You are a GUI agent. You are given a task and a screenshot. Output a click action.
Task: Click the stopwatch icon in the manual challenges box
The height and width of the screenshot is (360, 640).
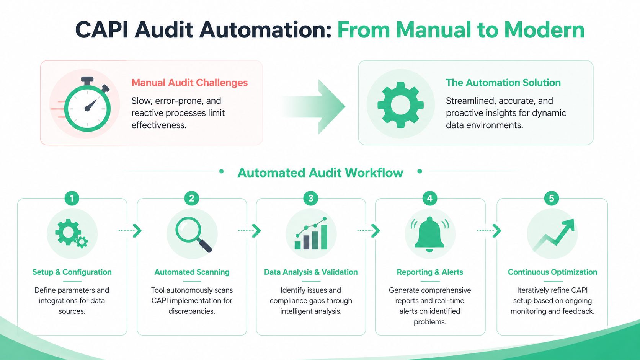[87, 105]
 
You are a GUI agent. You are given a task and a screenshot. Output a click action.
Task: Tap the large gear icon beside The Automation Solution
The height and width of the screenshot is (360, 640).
[400, 104]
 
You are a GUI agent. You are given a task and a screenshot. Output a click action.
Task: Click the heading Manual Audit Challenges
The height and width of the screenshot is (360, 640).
[189, 83]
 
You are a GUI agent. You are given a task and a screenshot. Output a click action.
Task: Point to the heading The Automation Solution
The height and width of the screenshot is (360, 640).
[503, 83]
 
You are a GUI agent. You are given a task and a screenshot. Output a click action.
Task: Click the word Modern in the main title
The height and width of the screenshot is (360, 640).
[544, 30]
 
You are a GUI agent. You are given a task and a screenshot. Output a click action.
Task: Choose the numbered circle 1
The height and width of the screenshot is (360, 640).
[72, 198]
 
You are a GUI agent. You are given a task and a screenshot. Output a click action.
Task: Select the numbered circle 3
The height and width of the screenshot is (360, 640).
[310, 198]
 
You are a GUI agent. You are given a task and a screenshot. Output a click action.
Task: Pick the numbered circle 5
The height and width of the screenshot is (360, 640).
[551, 198]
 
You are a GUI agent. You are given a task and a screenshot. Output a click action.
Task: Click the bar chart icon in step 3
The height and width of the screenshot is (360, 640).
[311, 234]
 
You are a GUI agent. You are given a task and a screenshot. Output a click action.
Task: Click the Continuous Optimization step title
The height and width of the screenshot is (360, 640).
[552, 272]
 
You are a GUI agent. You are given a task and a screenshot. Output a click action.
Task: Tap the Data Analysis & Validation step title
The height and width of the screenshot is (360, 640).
[311, 272]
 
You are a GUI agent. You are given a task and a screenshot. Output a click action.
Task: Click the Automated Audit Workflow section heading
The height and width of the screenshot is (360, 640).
[320, 173]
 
